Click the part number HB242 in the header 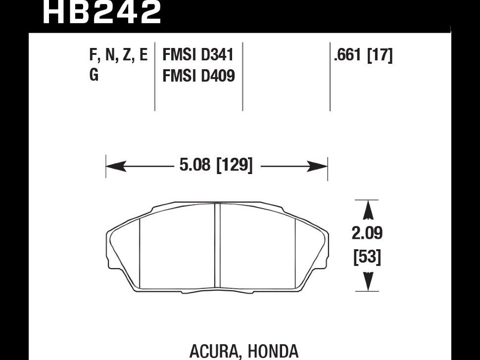(x=102, y=12)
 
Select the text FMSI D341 (x=198, y=55)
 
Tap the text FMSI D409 (x=198, y=76)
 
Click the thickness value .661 (x=348, y=55)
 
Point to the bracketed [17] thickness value (x=379, y=55)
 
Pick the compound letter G (x=94, y=76)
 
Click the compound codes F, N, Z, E (x=118, y=55)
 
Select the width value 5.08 (x=195, y=166)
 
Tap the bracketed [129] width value (x=235, y=166)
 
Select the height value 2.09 (x=367, y=233)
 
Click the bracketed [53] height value (x=367, y=258)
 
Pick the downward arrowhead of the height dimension (x=367, y=282)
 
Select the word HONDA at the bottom (x=273, y=351)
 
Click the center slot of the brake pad (x=217, y=247)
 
